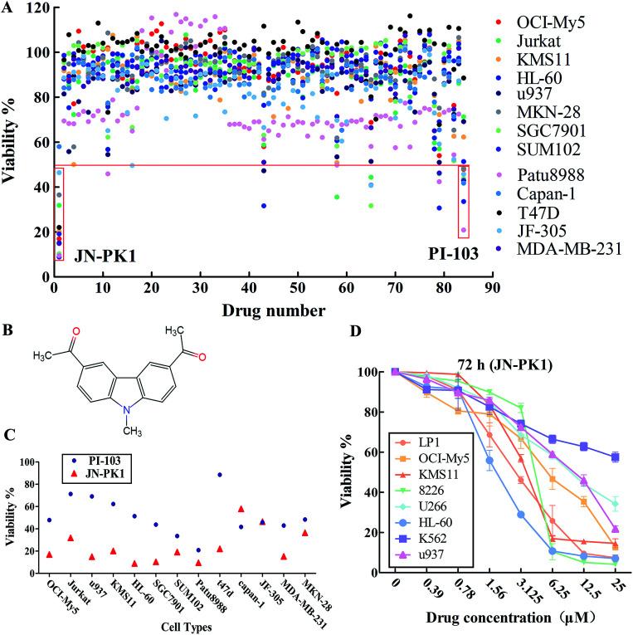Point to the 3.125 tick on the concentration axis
pos(523,596)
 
